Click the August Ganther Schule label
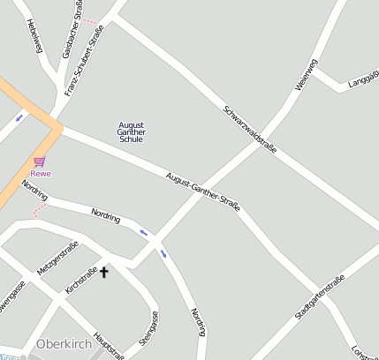tap(131, 131)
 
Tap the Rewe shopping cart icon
tap(40, 161)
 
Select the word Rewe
tap(41, 173)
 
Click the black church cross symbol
tap(103, 272)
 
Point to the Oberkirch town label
tap(64, 343)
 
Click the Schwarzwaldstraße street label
tap(250, 131)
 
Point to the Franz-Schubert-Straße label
tap(85, 60)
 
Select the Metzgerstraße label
tap(58, 256)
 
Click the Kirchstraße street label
tap(80, 280)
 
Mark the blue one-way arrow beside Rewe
tap(19, 116)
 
